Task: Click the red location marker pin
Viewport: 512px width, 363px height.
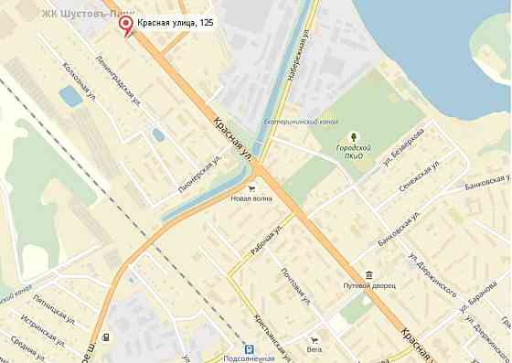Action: point(127,27)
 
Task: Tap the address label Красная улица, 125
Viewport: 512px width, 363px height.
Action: point(176,22)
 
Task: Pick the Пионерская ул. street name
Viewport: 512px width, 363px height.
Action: point(201,170)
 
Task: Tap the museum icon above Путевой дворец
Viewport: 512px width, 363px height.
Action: point(368,275)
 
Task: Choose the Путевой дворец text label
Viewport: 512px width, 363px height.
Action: point(369,287)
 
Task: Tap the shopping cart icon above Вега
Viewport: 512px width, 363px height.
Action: point(315,338)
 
